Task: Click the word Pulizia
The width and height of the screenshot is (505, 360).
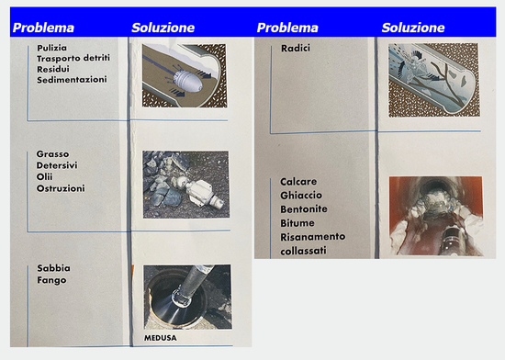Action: pos(51,48)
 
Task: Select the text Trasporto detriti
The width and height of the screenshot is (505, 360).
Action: pos(73,58)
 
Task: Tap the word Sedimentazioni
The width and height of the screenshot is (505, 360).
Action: pos(72,80)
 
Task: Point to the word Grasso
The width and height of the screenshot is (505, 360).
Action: pos(52,154)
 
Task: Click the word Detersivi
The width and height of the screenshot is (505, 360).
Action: pos(57,165)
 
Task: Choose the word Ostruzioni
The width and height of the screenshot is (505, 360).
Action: pos(61,188)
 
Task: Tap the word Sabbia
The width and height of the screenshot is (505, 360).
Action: pos(53,268)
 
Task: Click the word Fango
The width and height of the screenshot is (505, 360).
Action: pos(51,280)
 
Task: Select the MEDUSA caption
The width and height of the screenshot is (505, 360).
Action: pos(161,338)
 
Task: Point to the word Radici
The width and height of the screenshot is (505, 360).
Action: pos(296,49)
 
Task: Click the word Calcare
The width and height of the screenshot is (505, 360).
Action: pos(298,182)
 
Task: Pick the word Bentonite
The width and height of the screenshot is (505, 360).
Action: pos(304,209)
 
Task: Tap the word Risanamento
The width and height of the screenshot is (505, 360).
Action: pos(313,237)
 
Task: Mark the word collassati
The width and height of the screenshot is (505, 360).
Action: pos(303,251)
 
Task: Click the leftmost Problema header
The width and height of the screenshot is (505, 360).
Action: pos(43,28)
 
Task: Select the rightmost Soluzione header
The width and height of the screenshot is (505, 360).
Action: pos(413,28)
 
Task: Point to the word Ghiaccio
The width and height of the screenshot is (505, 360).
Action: pos(301,196)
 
